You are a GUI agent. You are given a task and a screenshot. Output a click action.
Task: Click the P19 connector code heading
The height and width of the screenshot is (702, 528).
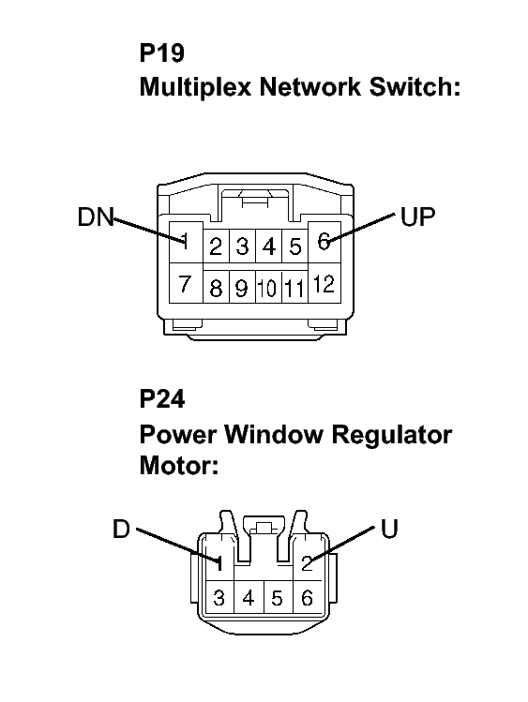(x=161, y=52)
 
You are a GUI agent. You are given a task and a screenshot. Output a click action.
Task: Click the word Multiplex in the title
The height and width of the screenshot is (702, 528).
(x=196, y=87)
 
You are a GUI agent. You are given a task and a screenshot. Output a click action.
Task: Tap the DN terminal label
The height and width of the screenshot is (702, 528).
(x=96, y=217)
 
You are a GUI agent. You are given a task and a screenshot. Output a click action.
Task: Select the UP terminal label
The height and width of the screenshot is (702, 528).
(x=417, y=217)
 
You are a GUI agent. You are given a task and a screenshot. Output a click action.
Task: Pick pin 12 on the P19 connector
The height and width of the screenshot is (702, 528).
(x=324, y=283)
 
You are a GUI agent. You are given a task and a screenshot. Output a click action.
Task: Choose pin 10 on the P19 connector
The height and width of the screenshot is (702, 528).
(x=268, y=288)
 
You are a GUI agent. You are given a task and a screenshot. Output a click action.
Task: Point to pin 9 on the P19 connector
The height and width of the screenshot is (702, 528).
(x=242, y=288)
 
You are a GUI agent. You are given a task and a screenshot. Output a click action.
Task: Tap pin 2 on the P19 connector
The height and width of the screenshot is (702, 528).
(x=216, y=246)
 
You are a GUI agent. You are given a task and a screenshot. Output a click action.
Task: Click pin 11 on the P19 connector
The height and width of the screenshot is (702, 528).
(x=294, y=288)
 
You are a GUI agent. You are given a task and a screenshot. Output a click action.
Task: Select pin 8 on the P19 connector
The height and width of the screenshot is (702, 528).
(x=216, y=288)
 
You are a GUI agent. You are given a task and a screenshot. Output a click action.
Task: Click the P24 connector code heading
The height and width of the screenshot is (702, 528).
(x=161, y=398)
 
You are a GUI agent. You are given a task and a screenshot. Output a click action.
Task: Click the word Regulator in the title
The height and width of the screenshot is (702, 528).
(x=391, y=435)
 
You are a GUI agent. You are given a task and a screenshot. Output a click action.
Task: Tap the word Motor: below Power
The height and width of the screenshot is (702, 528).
(x=179, y=465)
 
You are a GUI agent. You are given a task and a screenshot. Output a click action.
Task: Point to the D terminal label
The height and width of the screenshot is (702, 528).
(x=121, y=529)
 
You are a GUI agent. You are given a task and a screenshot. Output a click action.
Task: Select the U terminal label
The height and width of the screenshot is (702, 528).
(x=389, y=529)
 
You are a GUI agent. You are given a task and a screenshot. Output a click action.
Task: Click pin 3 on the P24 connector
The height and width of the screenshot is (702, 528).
(x=219, y=597)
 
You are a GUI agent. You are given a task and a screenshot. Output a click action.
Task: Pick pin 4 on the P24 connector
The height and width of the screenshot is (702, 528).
(x=249, y=597)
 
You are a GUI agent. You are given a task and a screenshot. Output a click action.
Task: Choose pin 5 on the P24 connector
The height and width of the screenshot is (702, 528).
(x=278, y=597)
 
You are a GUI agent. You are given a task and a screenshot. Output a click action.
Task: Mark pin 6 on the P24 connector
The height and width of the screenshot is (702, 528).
(x=308, y=597)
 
